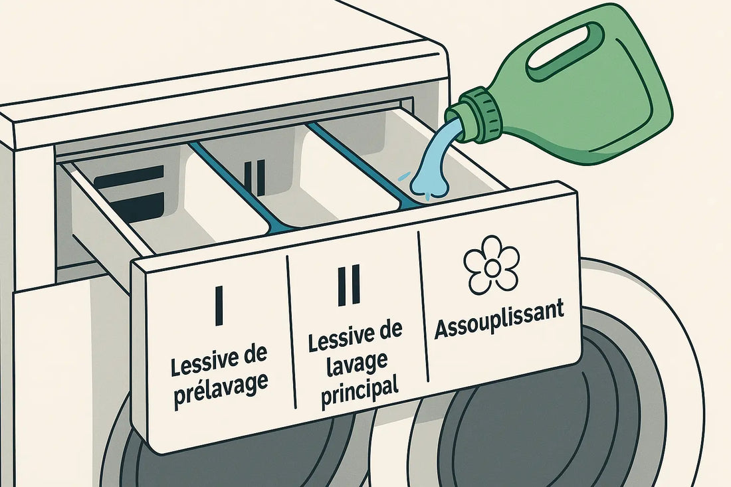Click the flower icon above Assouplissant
[492, 264]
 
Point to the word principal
[360, 392]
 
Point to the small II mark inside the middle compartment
[253, 174]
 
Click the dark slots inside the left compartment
[129, 193]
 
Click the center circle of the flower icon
[492, 265]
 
